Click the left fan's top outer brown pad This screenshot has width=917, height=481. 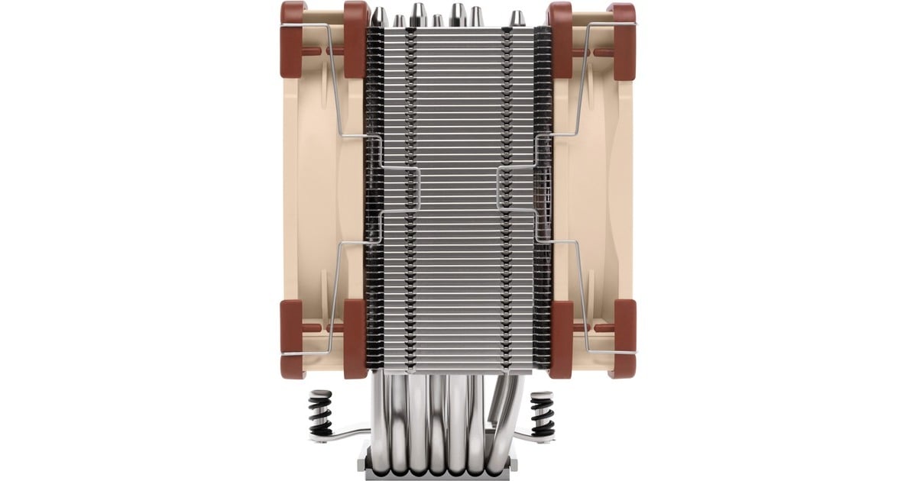[293, 38]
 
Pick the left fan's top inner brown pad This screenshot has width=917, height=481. [355, 38]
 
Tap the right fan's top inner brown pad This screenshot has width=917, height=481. [561, 38]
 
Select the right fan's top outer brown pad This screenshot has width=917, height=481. [623, 38]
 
